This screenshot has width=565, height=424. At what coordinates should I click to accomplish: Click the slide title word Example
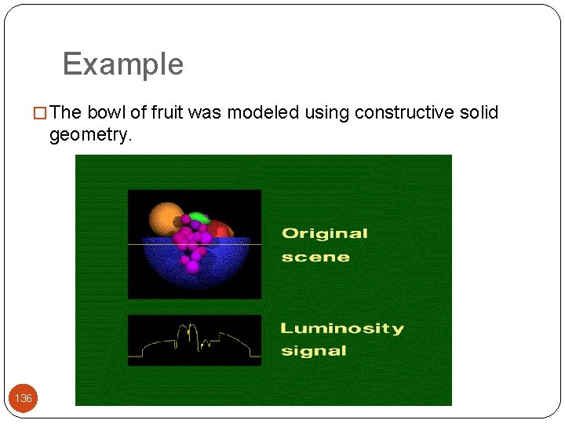[122, 64]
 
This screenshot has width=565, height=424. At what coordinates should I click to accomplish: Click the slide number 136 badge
[24, 398]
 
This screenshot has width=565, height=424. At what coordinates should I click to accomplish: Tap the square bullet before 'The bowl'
[42, 113]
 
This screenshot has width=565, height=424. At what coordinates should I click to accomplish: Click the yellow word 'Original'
[324, 233]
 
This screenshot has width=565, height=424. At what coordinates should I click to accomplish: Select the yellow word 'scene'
[315, 257]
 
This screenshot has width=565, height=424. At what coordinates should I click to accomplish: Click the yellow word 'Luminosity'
[342, 328]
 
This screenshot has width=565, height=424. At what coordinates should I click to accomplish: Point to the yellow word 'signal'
[314, 350]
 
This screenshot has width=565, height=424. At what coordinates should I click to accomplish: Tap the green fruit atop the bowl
[199, 217]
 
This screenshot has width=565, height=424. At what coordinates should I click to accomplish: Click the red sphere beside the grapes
[222, 229]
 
